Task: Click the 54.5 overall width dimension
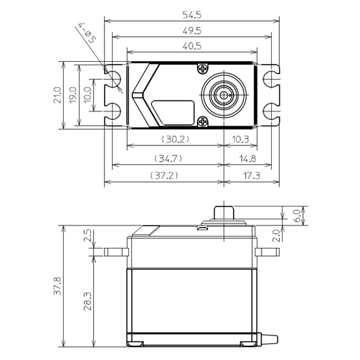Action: (x=192, y=15)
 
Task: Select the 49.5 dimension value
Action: (x=192, y=31)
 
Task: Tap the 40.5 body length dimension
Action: (x=192, y=46)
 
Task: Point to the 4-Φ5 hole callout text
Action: (x=88, y=33)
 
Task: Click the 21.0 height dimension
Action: (x=58, y=95)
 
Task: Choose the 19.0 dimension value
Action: (x=73, y=95)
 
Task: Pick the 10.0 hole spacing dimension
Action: (x=88, y=95)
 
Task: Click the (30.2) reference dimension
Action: (x=176, y=139)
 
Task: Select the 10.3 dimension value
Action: (x=240, y=139)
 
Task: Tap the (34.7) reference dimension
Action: (x=168, y=159)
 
